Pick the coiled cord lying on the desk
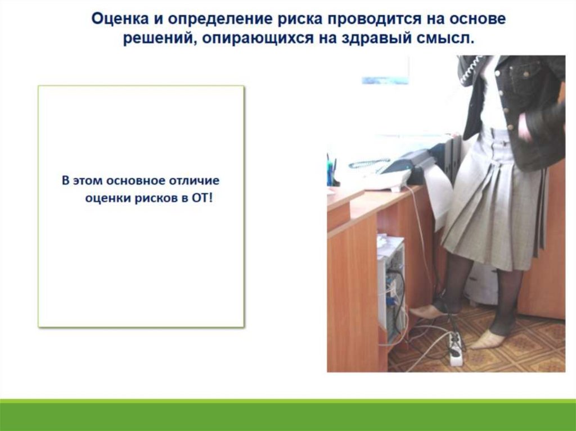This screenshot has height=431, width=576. pos(368,164)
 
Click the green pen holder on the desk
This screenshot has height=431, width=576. pos(330,173)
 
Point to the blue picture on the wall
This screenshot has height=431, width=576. pos(385,80)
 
